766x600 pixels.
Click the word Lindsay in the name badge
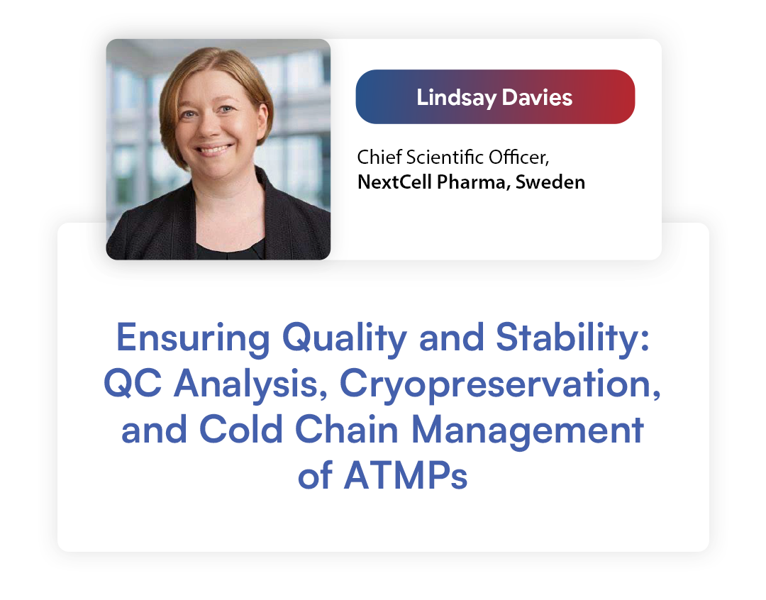(x=456, y=98)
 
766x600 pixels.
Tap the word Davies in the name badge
(x=537, y=97)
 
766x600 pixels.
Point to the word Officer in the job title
(x=518, y=157)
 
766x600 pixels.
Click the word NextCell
(x=395, y=182)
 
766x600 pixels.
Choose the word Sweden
(x=550, y=182)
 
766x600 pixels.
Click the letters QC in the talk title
(x=133, y=384)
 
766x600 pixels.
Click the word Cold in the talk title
(x=241, y=429)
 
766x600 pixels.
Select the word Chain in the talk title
(x=347, y=429)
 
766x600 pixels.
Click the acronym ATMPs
(x=406, y=475)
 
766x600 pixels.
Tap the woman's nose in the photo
(x=208, y=126)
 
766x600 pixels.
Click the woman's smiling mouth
(x=213, y=149)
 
